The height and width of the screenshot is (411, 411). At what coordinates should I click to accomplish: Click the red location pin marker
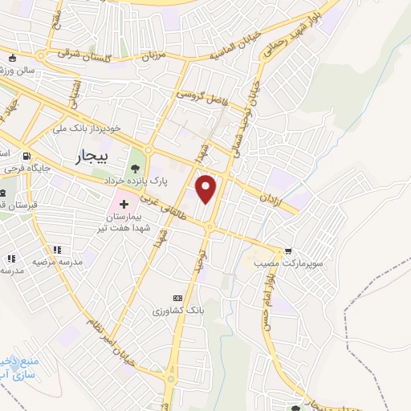point(207,188)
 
